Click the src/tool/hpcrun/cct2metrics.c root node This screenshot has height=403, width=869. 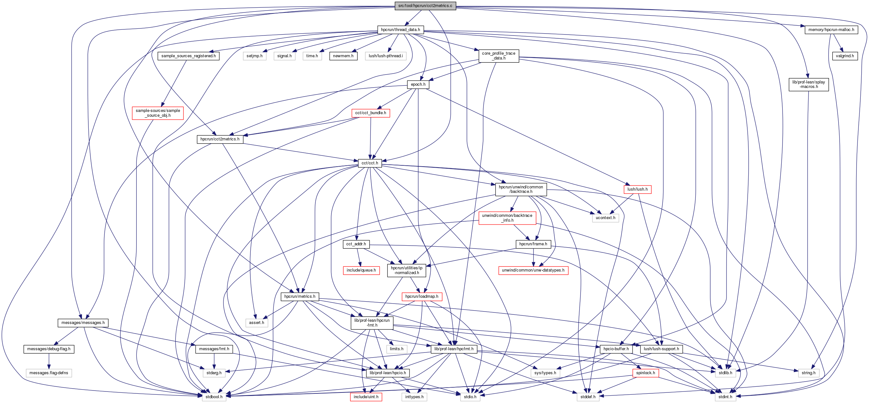(425, 6)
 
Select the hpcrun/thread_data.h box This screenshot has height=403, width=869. (400, 30)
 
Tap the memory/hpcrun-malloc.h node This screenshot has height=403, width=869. (831, 30)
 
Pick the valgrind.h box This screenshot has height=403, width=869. (845, 56)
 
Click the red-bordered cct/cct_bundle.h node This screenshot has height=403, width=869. (370, 113)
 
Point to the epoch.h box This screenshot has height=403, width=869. (418, 84)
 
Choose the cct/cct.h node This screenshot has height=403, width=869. (370, 163)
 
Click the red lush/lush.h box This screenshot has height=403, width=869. (637, 189)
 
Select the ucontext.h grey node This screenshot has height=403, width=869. (605, 218)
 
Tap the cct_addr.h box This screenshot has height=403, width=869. (356, 244)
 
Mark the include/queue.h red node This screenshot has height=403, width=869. (361, 270)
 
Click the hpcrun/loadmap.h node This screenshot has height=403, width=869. (422, 296)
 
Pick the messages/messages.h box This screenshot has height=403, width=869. (83, 323)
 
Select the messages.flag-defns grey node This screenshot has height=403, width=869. (49, 373)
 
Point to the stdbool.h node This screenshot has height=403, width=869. (214, 397)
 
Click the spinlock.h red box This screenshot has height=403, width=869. (645, 373)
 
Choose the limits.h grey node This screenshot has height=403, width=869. (396, 349)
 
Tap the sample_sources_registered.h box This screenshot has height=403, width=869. (188, 56)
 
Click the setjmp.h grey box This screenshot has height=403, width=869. (254, 56)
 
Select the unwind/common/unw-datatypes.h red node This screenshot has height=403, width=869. (533, 270)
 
